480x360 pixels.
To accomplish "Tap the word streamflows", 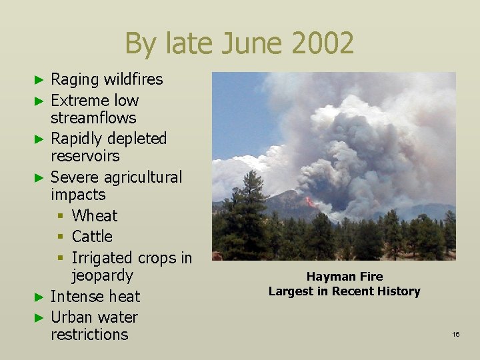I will pos(93,118).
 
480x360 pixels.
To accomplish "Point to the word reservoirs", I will pos(85,156).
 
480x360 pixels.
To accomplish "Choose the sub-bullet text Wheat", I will pos(95,216).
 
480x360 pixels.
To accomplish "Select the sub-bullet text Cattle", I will pos(92,237).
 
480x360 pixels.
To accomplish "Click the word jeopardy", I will pos(102,275).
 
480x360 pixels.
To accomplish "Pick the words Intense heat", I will pos(95,297).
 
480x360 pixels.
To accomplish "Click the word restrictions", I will pos(89,335).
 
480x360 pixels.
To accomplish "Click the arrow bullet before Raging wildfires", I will pos(39,80).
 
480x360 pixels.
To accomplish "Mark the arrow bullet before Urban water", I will pos(39,318).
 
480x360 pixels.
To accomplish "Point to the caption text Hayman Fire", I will pos(345,276).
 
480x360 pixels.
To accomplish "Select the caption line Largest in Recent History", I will pos(345,291).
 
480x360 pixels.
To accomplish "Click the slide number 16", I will pos(455,334).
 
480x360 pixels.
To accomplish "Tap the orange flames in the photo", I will pos(310,201).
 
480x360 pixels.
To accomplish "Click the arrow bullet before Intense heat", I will pos(39,297).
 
